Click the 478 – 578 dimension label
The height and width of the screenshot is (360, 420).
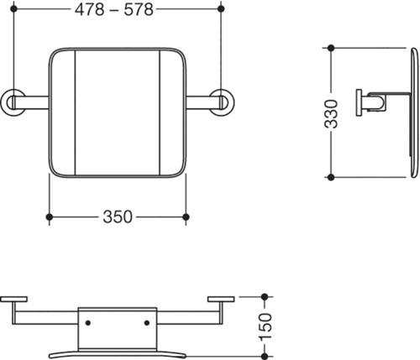point(114,10)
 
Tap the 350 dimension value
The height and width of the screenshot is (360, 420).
point(118,217)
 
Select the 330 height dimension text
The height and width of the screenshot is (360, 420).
point(331,114)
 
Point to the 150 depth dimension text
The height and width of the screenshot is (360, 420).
point(265,327)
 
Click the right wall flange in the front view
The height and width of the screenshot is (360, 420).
point(223,102)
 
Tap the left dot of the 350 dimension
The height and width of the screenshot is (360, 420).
point(50,217)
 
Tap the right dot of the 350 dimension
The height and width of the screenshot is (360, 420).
point(186,217)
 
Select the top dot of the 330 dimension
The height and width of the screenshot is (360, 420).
point(331,48)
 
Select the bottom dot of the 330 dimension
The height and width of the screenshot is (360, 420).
point(331,177)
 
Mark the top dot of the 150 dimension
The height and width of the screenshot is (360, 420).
point(265,297)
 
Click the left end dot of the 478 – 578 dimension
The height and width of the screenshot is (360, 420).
point(13,8)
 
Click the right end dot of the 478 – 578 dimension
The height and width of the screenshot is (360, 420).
point(221,8)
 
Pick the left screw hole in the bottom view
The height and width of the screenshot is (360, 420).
point(88,323)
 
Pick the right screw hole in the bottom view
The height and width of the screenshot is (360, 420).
point(147,323)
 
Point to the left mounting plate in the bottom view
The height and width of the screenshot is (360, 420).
point(13,300)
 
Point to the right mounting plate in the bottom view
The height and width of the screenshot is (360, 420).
point(221,300)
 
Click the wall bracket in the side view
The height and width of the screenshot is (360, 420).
point(359,102)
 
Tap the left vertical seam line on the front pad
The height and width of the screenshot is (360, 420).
point(76,112)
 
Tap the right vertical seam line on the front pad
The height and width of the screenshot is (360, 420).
point(160,112)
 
